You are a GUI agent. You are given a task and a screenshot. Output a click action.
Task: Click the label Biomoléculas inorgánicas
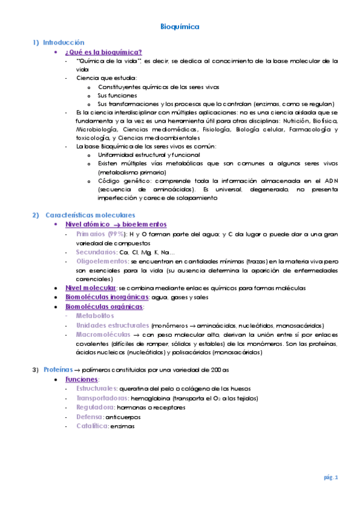point(107,297)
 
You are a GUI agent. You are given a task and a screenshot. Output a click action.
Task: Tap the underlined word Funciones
point(82,379)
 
